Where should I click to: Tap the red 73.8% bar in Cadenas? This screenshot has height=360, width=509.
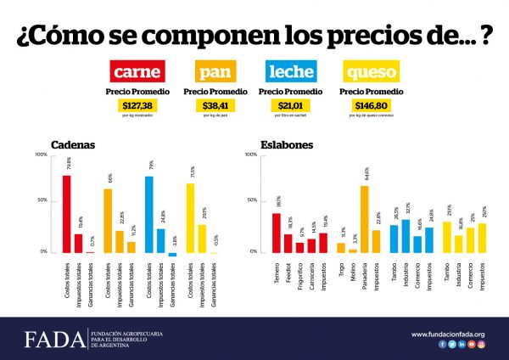pos(67,214)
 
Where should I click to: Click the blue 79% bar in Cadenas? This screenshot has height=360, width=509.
pos(149,214)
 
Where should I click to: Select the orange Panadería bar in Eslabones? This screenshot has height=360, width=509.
pos(365,219)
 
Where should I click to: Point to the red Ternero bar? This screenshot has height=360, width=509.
pos(277,233)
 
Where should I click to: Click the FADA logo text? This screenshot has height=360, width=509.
pos(53,339)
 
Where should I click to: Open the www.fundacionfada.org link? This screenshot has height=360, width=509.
pos(448,334)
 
